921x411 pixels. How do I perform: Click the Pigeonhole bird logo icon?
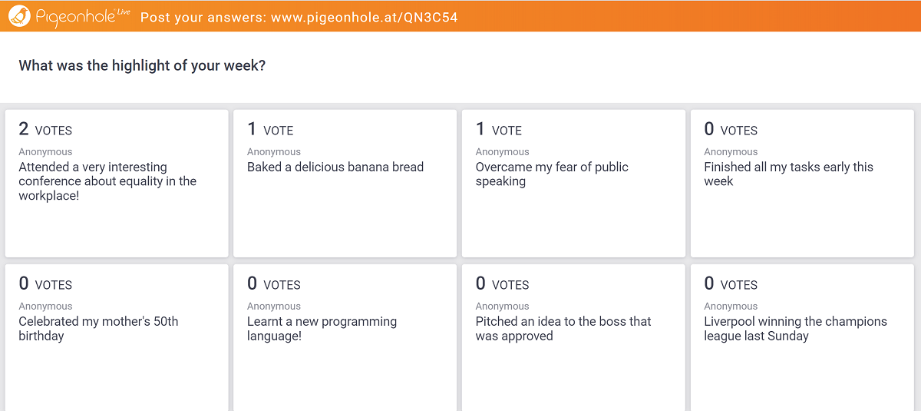[x=19, y=16]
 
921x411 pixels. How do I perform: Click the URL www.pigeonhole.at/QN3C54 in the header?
[x=365, y=17]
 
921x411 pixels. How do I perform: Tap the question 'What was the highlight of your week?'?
[x=142, y=65]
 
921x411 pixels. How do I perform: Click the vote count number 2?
[x=24, y=129]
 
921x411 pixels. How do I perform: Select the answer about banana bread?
[x=335, y=167]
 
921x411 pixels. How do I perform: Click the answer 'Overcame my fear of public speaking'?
[x=552, y=174]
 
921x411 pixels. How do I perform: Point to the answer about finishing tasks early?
[x=788, y=174]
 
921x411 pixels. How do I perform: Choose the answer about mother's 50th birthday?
[x=98, y=328]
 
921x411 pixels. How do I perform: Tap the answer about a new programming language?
[x=322, y=328]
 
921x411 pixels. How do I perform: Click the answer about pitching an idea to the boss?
[x=563, y=328]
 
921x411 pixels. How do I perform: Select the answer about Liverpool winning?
[x=795, y=328]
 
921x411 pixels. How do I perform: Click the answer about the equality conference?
[x=107, y=181]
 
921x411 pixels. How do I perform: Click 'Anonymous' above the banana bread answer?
[x=274, y=152]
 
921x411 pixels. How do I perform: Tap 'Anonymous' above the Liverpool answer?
[x=731, y=306]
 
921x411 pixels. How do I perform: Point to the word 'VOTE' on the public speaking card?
[x=507, y=131]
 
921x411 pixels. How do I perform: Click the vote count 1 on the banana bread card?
[x=252, y=129]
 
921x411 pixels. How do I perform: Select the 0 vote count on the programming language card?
[x=252, y=283]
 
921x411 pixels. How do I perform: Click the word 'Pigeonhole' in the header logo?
[x=76, y=17]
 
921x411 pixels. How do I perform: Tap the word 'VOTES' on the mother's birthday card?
[x=54, y=285]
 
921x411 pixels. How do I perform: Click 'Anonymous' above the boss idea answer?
[x=503, y=306]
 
